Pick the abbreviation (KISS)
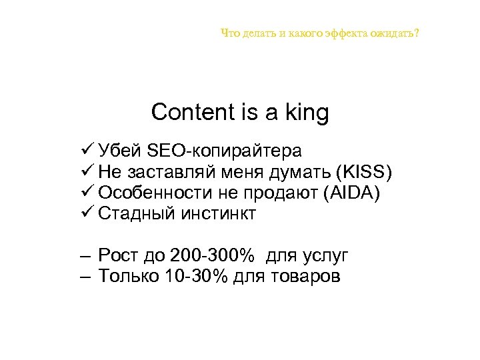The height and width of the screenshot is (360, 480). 365,172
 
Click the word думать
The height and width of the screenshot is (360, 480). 301,172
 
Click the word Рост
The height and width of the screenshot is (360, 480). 117,255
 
